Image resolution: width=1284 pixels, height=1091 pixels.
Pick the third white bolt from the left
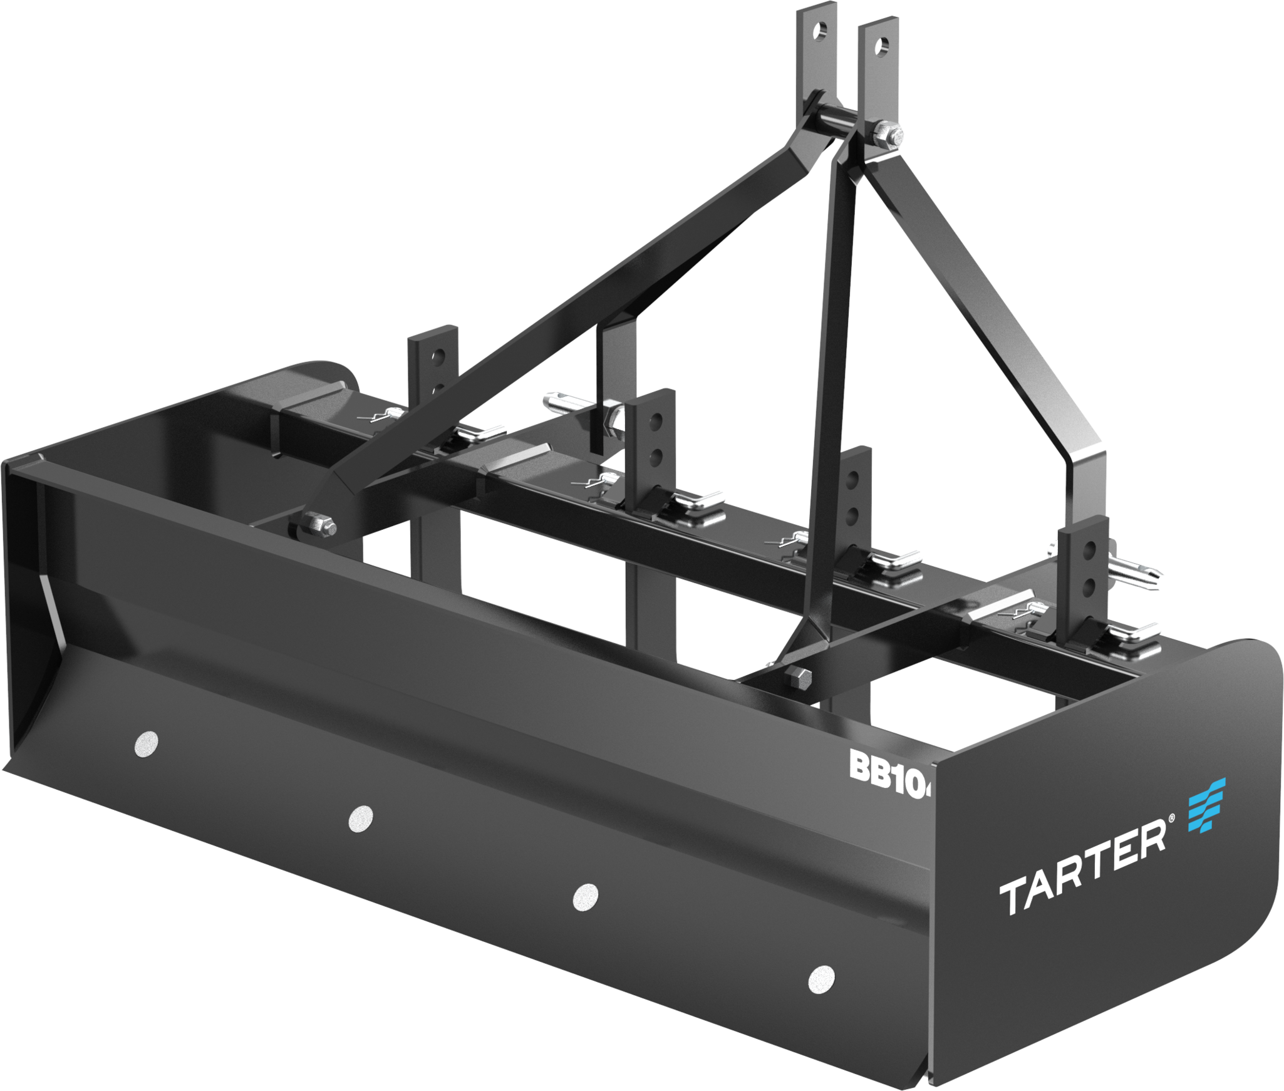(586, 897)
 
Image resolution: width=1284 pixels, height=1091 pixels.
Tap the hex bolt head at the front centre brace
(796, 677)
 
